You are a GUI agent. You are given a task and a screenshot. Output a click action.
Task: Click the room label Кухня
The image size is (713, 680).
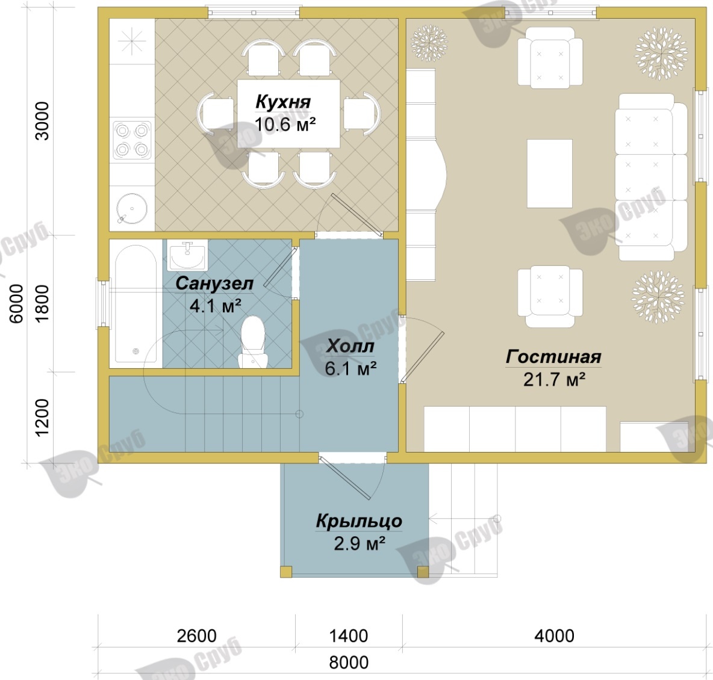coord(283,102)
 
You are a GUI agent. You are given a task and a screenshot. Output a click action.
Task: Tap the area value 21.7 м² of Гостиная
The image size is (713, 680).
coord(554,379)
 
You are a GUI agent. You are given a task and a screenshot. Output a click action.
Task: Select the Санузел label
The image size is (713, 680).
coord(214,283)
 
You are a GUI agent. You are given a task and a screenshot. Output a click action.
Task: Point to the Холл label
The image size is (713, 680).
coord(350,347)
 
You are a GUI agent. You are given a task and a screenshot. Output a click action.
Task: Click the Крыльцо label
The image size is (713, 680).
coord(360,521)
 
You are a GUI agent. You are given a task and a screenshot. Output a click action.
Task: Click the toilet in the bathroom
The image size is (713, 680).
coord(252,342)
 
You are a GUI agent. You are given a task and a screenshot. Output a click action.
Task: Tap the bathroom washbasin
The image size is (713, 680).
coord(187,256)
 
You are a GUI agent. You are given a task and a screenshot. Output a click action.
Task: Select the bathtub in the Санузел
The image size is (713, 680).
coord(135,303)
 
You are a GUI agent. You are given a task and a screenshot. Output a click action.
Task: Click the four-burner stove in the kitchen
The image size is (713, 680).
coord(132,140)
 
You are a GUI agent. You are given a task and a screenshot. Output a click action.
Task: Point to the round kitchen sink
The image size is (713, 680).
coord(132,209)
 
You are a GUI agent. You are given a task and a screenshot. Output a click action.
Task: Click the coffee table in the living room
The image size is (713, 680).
coord(549,173)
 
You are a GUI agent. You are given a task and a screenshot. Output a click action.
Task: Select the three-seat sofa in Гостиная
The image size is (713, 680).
coord(651,178)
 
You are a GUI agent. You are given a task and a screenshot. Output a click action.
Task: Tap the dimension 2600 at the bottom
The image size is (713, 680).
coord(196,636)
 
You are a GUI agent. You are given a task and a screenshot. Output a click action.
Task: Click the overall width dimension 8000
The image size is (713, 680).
coord(349,663)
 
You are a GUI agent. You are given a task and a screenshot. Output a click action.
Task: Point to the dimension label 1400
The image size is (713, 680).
coord(348,636)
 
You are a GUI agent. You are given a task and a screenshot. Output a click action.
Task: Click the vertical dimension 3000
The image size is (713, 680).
coord(42,121)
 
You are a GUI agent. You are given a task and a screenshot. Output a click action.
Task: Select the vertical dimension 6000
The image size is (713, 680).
coord(16,303)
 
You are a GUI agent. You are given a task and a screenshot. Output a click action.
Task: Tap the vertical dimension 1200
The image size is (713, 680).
coord(42,417)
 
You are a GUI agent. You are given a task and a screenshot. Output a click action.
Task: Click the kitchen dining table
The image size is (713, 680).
coord(288,113)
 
